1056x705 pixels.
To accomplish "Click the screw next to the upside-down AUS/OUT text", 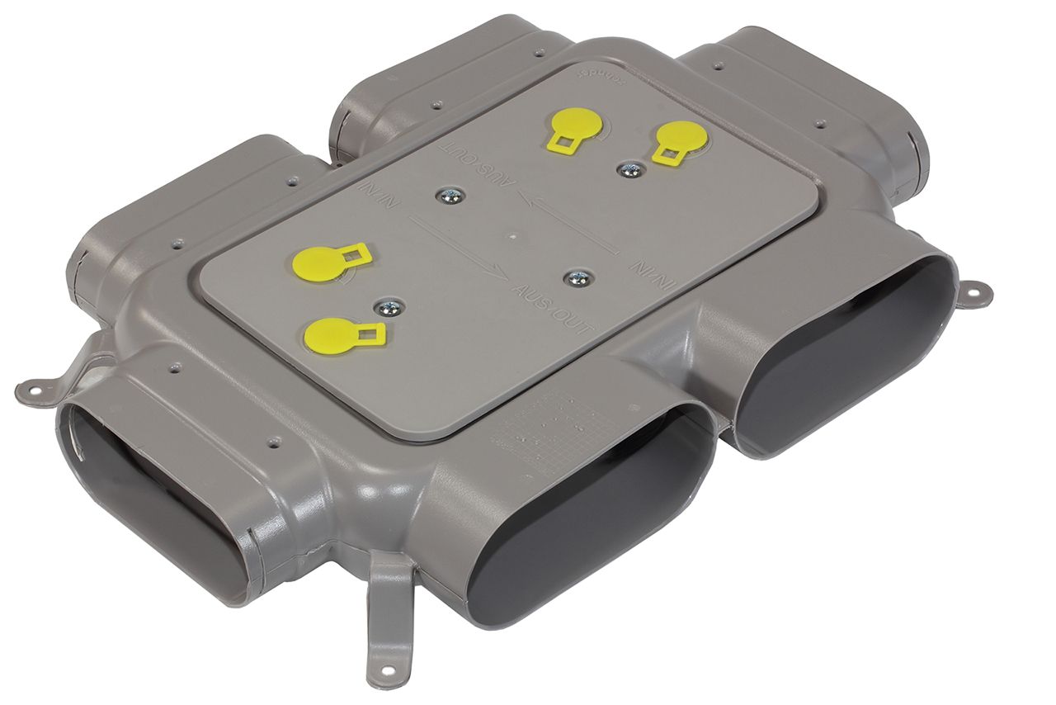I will coord(449,196).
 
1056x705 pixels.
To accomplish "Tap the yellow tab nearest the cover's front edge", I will coord(341,334).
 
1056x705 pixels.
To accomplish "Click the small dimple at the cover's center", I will coord(513,234).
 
